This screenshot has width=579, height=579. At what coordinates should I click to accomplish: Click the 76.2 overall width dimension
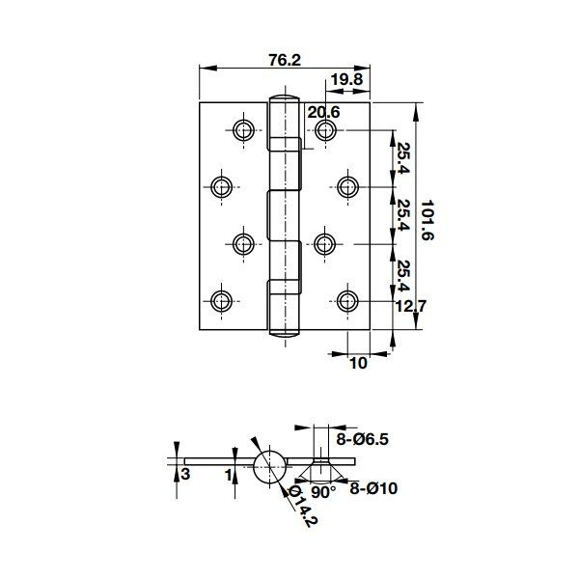click(284, 60)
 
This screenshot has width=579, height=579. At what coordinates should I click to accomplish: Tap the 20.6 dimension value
click(324, 113)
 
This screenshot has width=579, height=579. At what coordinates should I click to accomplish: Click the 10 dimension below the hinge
click(357, 364)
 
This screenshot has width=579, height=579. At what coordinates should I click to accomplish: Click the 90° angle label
click(324, 491)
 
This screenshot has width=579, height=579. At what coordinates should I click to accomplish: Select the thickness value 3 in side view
click(185, 474)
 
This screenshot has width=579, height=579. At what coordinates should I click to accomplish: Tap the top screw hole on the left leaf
click(240, 128)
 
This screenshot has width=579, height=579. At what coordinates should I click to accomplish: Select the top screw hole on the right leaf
click(324, 128)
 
